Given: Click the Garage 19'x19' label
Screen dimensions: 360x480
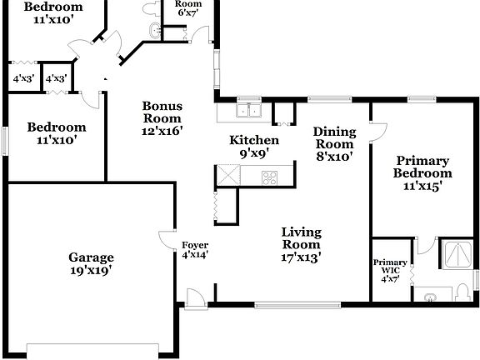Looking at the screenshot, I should pyautogui.click(x=91, y=263).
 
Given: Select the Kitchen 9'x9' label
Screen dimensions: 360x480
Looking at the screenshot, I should pyautogui.click(x=254, y=147).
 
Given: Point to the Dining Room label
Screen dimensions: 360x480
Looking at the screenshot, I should pyautogui.click(x=334, y=143).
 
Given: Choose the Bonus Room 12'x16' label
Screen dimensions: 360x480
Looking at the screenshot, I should pyautogui.click(x=162, y=117).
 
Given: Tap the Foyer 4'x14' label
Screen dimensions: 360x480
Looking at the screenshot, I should pyautogui.click(x=194, y=250).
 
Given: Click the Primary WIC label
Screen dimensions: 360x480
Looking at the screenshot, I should pyautogui.click(x=390, y=270).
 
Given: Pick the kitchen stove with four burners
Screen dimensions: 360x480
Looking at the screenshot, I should pyautogui.click(x=270, y=177).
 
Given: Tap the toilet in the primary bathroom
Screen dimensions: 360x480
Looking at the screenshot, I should pyautogui.click(x=464, y=292).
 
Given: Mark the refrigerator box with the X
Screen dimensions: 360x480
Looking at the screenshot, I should pyautogui.click(x=227, y=176).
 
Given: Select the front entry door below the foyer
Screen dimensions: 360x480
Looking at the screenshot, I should pyautogui.click(x=195, y=296).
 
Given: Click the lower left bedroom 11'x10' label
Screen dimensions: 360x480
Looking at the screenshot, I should pyautogui.click(x=56, y=133).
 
